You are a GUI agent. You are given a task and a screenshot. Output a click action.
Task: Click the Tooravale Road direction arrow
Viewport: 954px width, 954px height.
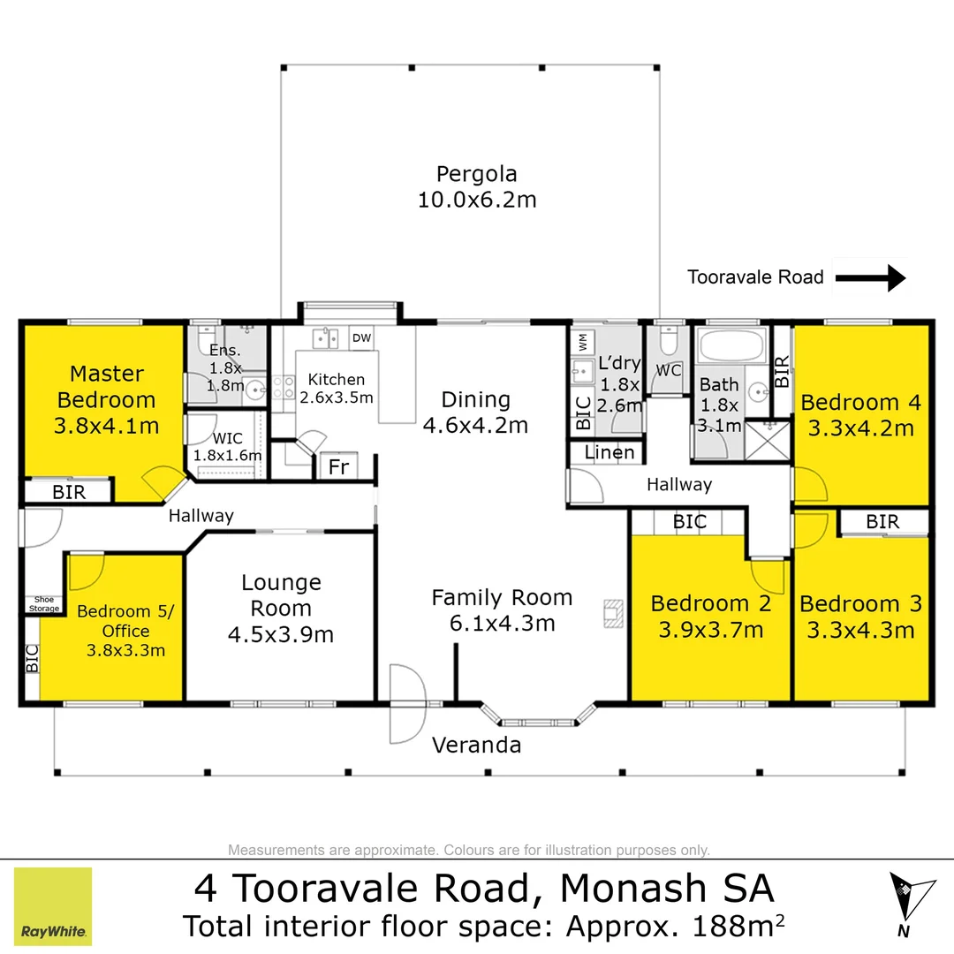[870, 278]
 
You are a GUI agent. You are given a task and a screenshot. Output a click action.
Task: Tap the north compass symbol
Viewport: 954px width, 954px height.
[911, 897]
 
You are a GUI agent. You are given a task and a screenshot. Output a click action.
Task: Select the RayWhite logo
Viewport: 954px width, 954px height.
[53, 906]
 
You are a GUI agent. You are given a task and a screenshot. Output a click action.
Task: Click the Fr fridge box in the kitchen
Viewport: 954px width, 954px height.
[338, 467]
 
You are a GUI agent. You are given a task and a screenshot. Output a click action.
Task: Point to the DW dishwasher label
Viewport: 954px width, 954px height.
[361, 338]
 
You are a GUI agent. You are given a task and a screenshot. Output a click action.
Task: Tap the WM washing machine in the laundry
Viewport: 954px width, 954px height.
[583, 339]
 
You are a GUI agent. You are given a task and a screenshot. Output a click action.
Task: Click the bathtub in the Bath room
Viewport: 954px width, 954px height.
[732, 343]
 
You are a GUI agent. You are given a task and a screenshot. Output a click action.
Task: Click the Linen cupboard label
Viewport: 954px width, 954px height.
[610, 452]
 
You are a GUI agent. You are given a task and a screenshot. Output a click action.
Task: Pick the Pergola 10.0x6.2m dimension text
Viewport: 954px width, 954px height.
[476, 200]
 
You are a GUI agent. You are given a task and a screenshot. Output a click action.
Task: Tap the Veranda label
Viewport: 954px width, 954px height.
[476, 745]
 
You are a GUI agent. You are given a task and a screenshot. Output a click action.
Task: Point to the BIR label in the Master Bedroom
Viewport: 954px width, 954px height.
[69, 493]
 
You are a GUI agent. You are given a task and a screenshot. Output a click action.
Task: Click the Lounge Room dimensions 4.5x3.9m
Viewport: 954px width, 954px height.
[281, 634]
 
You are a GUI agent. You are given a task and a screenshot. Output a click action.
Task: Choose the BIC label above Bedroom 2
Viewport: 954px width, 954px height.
[689, 522]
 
